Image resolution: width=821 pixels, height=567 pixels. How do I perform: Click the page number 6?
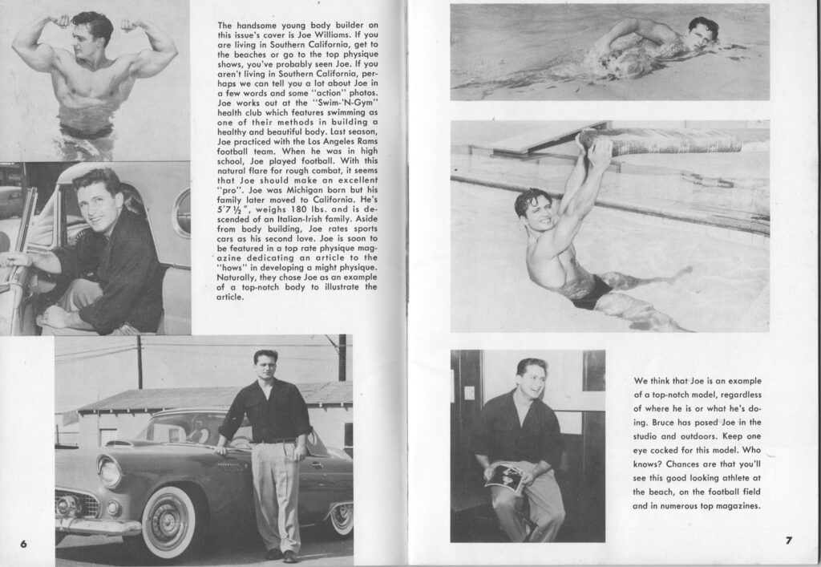23,543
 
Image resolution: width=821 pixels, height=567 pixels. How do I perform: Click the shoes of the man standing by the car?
281,555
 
